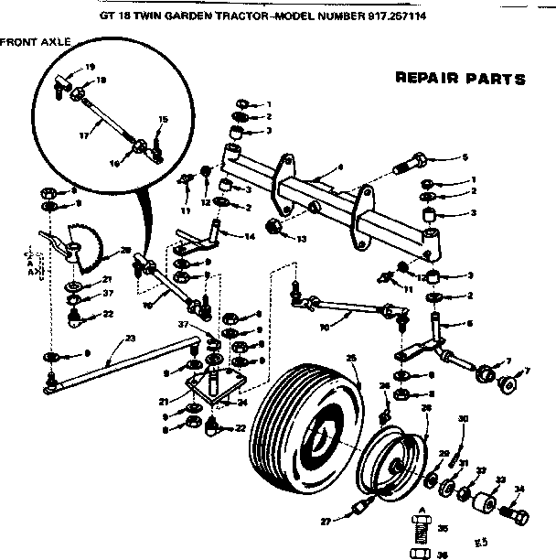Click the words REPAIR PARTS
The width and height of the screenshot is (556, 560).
[459, 79]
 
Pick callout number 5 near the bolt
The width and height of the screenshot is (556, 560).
[465, 156]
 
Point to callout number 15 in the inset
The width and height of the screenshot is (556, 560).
[163, 120]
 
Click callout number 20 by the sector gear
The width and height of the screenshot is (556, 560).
[124, 250]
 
